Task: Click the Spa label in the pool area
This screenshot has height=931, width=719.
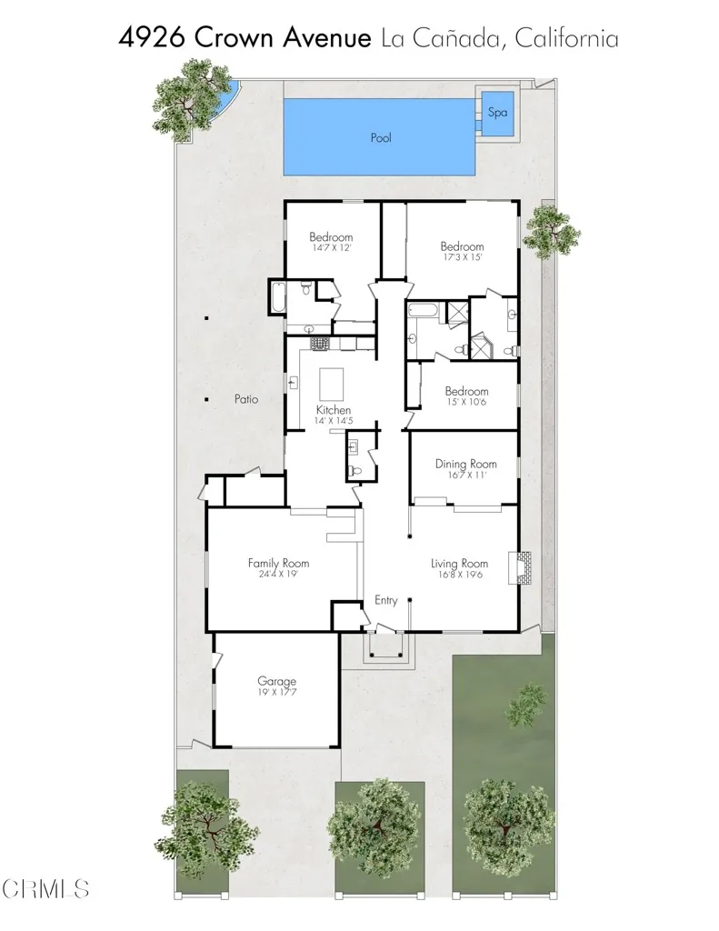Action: point(497,114)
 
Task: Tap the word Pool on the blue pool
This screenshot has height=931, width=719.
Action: point(380,139)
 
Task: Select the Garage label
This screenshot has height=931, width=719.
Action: point(276,681)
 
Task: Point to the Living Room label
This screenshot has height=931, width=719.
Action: point(459,563)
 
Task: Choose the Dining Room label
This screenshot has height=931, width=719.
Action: point(463,463)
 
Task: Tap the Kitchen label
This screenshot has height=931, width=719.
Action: point(334,410)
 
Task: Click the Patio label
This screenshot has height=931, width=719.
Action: point(246,399)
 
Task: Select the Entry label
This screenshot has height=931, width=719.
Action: point(386,601)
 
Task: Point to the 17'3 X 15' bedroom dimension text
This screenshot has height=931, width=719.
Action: point(462,257)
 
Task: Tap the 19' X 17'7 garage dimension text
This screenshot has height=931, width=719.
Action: point(276,693)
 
